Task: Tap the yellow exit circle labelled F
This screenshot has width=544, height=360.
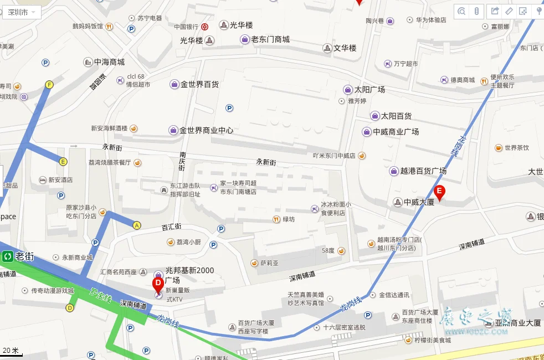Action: [x=49, y=85]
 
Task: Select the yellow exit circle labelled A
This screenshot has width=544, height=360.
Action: [x=137, y=225]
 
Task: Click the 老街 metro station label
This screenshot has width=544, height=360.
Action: [x=24, y=256]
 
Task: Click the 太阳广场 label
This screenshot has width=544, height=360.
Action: [x=369, y=89]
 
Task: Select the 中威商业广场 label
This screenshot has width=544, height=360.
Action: [x=396, y=132]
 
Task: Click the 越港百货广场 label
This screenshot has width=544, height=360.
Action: [x=423, y=171]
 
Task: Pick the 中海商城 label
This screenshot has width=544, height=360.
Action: [x=109, y=62]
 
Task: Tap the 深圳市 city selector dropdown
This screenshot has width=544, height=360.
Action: [x=22, y=12]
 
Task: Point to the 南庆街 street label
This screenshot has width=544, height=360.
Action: [x=182, y=161]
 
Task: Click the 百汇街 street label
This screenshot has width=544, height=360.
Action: [x=171, y=227]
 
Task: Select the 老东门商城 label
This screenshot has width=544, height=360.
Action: [x=270, y=39]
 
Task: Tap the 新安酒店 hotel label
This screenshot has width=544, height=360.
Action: [x=60, y=180]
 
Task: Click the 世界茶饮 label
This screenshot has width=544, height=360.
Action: [x=516, y=148]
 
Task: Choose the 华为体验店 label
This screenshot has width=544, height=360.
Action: [x=430, y=20]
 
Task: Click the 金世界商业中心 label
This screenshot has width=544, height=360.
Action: [x=209, y=130]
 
